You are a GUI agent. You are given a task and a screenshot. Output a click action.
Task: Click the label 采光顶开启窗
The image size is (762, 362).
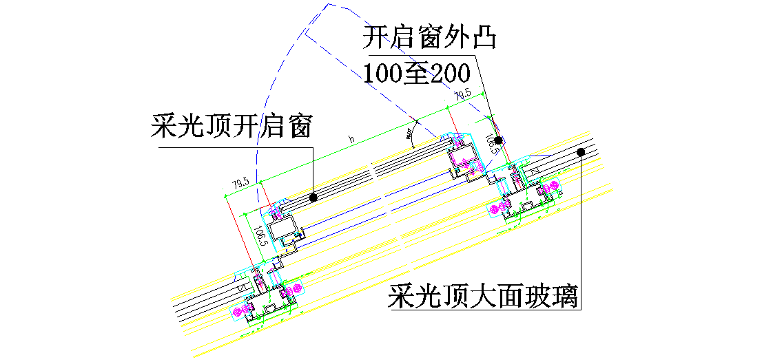coord(232,127)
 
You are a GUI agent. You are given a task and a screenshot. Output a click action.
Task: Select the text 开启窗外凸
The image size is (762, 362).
coord(430,37)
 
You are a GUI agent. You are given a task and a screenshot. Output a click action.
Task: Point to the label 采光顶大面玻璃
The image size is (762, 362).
coord(482,297)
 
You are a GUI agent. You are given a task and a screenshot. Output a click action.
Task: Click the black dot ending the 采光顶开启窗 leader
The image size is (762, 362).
coord(313,197)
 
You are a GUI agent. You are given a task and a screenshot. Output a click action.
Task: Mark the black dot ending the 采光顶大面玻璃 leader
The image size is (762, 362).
coord(581,151)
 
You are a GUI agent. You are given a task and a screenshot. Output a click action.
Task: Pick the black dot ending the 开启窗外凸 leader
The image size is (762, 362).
coord(498,140)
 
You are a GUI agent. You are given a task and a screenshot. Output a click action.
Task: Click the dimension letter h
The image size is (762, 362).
coord(351,140)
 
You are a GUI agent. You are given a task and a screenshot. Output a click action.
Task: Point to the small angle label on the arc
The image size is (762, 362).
coord(411,131)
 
